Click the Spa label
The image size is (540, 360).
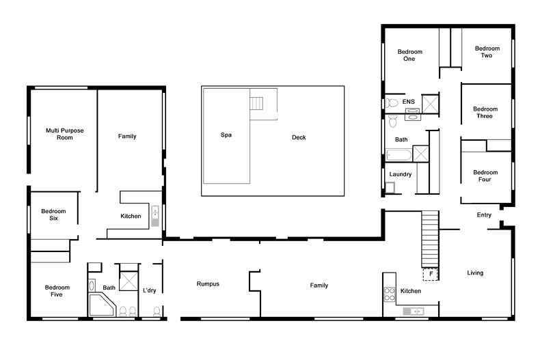coord(226,135)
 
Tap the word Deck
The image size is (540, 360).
coord(299,137)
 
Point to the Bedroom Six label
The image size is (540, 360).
coord(50,214)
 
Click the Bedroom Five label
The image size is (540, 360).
coord(57,292)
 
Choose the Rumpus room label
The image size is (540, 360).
coord(208,284)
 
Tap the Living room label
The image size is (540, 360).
coord(475,273)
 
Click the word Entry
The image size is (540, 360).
coord(484,215)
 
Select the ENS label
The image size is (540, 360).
coord(409,102)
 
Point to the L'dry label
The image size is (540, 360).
coord(150,291)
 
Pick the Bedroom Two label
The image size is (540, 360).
coord(487,52)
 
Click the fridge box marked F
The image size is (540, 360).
coord(431,275)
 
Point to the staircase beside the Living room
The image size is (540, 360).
coord(429,240)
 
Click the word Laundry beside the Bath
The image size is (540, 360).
coord(400,174)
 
